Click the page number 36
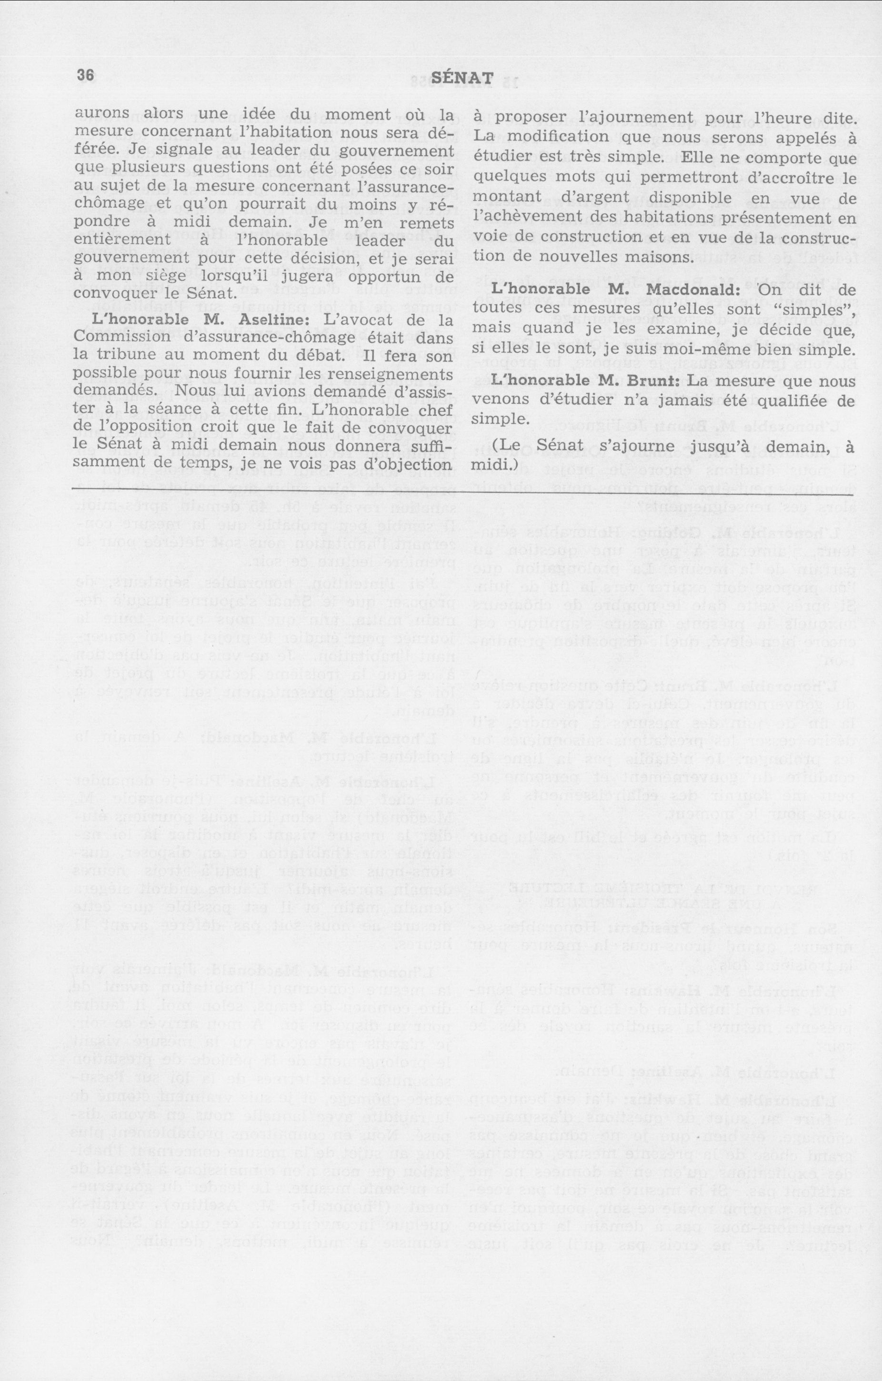pos(84,76)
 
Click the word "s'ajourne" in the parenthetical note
pos(641,445)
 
